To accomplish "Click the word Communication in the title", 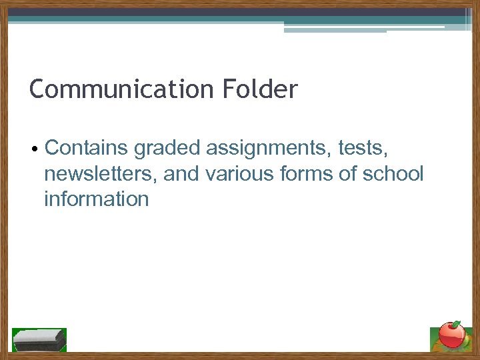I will pos(119,89).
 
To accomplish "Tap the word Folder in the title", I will pos(257,89).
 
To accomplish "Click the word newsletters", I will pos(101,173).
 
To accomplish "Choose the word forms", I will pos(298,173).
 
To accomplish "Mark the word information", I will pos(96,199).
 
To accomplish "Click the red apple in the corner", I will pos(454,335).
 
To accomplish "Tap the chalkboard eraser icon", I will pos(39,339).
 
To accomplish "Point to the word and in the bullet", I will pos(181,173).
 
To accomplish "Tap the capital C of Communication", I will pos(38,89).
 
